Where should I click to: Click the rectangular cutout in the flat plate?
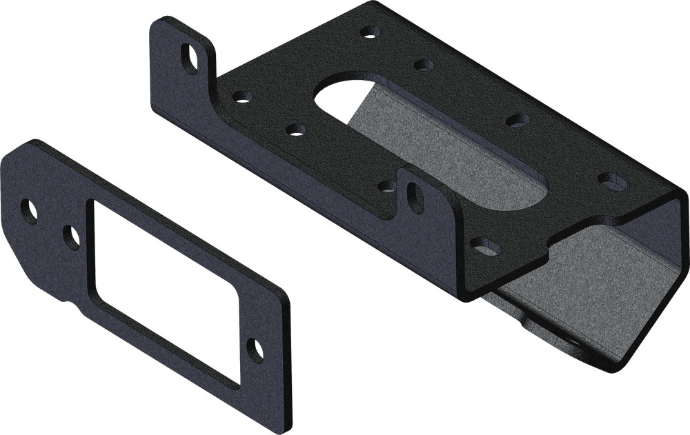(x=166, y=290)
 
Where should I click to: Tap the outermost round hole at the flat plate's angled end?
(x=29, y=211)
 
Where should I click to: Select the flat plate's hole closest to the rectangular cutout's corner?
(x=71, y=236)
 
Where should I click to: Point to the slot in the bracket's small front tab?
(x=415, y=198)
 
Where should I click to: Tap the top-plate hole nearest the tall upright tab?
(x=241, y=97)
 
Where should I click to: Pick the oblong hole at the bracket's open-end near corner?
(x=486, y=245)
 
